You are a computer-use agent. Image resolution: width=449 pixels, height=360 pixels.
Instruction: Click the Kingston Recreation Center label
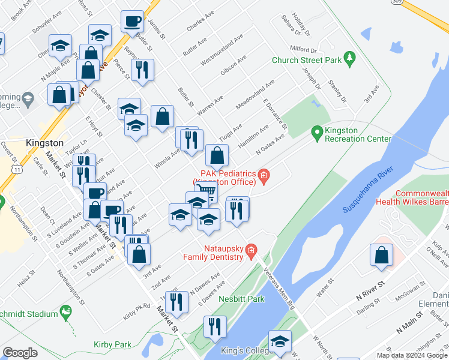coord(358,134)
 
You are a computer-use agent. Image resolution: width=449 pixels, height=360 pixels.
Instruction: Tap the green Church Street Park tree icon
coord(349,59)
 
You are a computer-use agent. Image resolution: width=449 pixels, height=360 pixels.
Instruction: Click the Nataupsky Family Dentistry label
coord(213,252)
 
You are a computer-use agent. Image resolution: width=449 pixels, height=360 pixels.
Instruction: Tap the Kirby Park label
coord(112,344)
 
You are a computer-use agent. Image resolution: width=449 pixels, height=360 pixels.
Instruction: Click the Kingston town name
coord(45,143)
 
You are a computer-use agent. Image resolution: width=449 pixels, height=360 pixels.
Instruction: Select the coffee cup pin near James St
coord(132,22)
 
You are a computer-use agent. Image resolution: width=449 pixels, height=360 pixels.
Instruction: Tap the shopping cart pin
coord(206,192)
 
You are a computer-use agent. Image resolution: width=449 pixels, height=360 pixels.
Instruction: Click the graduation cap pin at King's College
coord(280,341)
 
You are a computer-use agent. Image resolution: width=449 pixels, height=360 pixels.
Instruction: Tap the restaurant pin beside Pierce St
coord(142,70)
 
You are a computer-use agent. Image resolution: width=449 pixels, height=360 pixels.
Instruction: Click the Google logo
coord(20,353)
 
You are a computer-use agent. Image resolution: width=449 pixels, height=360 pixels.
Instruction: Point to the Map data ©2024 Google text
coord(411,355)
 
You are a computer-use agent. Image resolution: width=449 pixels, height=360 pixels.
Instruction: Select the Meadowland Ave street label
coord(255,95)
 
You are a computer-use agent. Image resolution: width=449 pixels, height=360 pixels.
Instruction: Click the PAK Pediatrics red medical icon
coord(264,176)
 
